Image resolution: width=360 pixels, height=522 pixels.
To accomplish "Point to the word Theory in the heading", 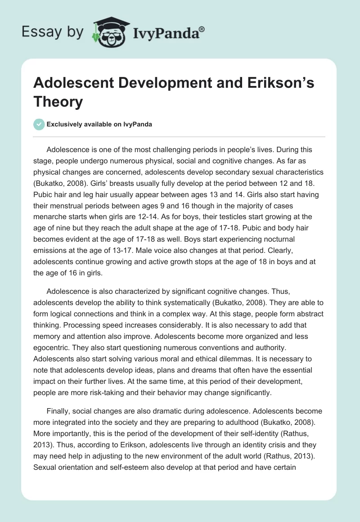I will tap(58, 102).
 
